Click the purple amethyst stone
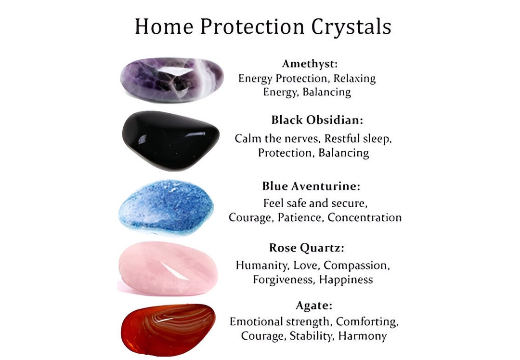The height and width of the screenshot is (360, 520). pyautogui.click(x=171, y=80)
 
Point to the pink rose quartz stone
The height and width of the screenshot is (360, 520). pyautogui.click(x=168, y=268)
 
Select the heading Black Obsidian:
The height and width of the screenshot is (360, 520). pyautogui.click(x=317, y=120)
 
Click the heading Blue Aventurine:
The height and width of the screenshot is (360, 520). pyautogui.click(x=311, y=186)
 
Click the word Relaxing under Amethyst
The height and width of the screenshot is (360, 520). pyautogui.click(x=354, y=78)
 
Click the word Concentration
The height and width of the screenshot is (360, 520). pyautogui.click(x=364, y=217)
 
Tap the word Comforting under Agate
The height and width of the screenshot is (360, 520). pyautogui.click(x=367, y=321)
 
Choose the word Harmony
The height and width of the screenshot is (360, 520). pyautogui.click(x=362, y=336)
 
